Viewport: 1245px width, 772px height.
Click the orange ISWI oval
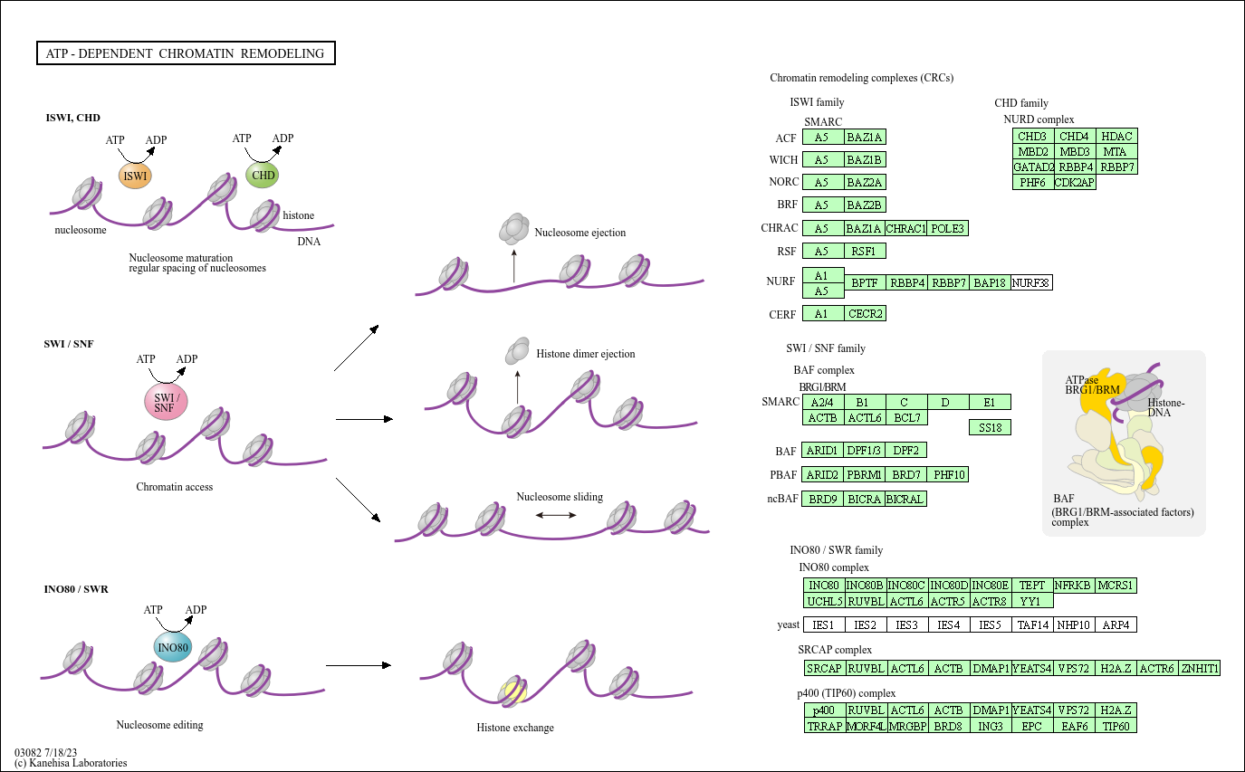[x=135, y=176]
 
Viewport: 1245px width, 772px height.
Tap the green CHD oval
[x=263, y=175]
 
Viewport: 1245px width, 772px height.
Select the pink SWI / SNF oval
[x=166, y=402]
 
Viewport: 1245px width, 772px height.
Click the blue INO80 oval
[x=173, y=648]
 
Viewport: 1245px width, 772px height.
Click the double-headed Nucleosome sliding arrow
[x=556, y=515]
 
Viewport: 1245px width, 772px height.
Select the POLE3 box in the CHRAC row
[x=948, y=228]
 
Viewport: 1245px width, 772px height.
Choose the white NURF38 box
[x=1031, y=282]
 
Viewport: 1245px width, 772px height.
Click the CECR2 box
[x=865, y=314]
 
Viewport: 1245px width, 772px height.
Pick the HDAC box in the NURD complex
[x=1116, y=136]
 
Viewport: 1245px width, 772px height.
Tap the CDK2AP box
[x=1075, y=182]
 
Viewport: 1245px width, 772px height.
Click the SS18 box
[x=990, y=428]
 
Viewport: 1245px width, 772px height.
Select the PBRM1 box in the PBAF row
[x=865, y=474]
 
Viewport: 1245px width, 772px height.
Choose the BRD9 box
[x=822, y=499]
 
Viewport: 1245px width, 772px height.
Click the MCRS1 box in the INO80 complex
[x=1116, y=586]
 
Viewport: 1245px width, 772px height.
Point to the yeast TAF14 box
[x=1033, y=624]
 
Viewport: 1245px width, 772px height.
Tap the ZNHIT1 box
[x=1200, y=668]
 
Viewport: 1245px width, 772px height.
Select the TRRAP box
[x=825, y=726]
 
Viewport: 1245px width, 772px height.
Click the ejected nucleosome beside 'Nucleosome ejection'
[x=514, y=229]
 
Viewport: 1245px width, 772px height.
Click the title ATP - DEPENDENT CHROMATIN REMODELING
[x=186, y=53]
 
